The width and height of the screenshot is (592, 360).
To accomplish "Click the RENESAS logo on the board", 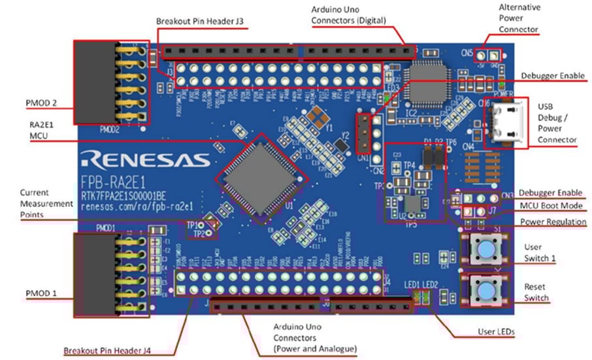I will click(x=145, y=159).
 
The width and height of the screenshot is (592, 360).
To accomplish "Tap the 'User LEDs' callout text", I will click(x=495, y=333).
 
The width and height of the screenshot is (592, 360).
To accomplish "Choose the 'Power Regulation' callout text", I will click(x=553, y=222).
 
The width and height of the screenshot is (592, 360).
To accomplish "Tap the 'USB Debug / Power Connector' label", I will click(x=557, y=123).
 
